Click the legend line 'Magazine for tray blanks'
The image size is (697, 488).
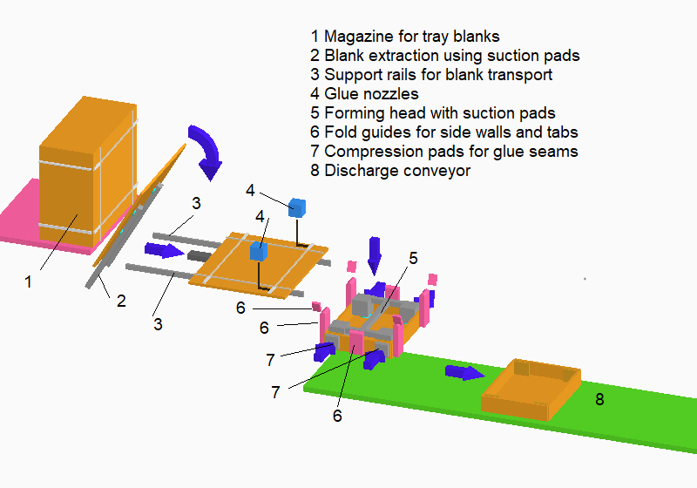click(x=405, y=37)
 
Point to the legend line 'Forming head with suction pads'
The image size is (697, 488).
click(x=432, y=113)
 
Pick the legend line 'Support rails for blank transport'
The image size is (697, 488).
click(x=430, y=75)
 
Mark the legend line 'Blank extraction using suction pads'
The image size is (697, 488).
click(x=444, y=56)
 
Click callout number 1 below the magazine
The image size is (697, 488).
click(x=28, y=281)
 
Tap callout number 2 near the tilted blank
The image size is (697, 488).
click(x=121, y=302)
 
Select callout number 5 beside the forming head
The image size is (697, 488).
click(x=414, y=258)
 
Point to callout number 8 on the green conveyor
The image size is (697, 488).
click(x=599, y=400)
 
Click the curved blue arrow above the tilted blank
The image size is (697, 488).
click(x=207, y=148)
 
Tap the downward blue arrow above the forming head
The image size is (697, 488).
click(x=375, y=254)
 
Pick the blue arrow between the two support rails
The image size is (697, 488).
click(x=163, y=251)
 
